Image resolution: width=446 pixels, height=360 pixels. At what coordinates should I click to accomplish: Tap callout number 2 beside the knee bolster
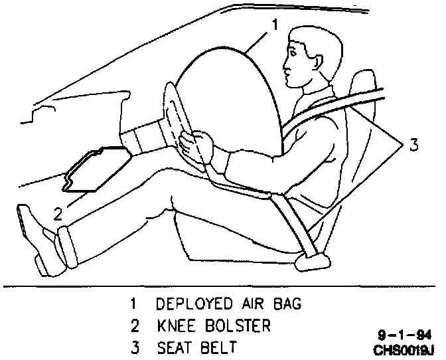click(x=58, y=213)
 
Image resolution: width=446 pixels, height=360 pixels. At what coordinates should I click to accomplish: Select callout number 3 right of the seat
click(x=413, y=145)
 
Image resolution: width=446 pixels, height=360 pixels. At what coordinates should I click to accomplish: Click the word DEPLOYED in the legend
click(x=192, y=304)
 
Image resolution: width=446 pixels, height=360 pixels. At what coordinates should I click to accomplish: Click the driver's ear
click(x=313, y=58)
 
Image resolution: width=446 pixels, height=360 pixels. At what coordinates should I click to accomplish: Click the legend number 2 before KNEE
click(x=134, y=326)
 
